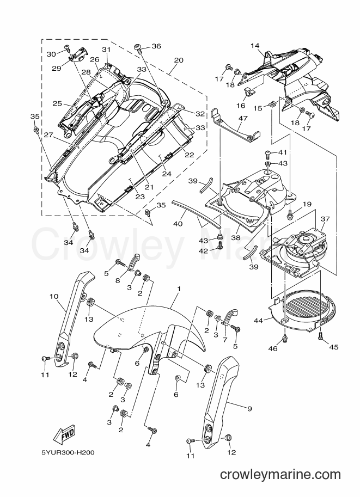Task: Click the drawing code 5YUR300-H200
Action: pos(68,452)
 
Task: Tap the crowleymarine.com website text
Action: pos(280,475)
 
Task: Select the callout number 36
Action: pos(156,46)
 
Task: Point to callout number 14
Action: pos(255,45)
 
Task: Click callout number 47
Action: pos(243,119)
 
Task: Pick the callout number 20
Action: pos(179,60)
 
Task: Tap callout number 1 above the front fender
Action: pos(179,289)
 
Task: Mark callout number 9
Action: pos(249,409)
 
